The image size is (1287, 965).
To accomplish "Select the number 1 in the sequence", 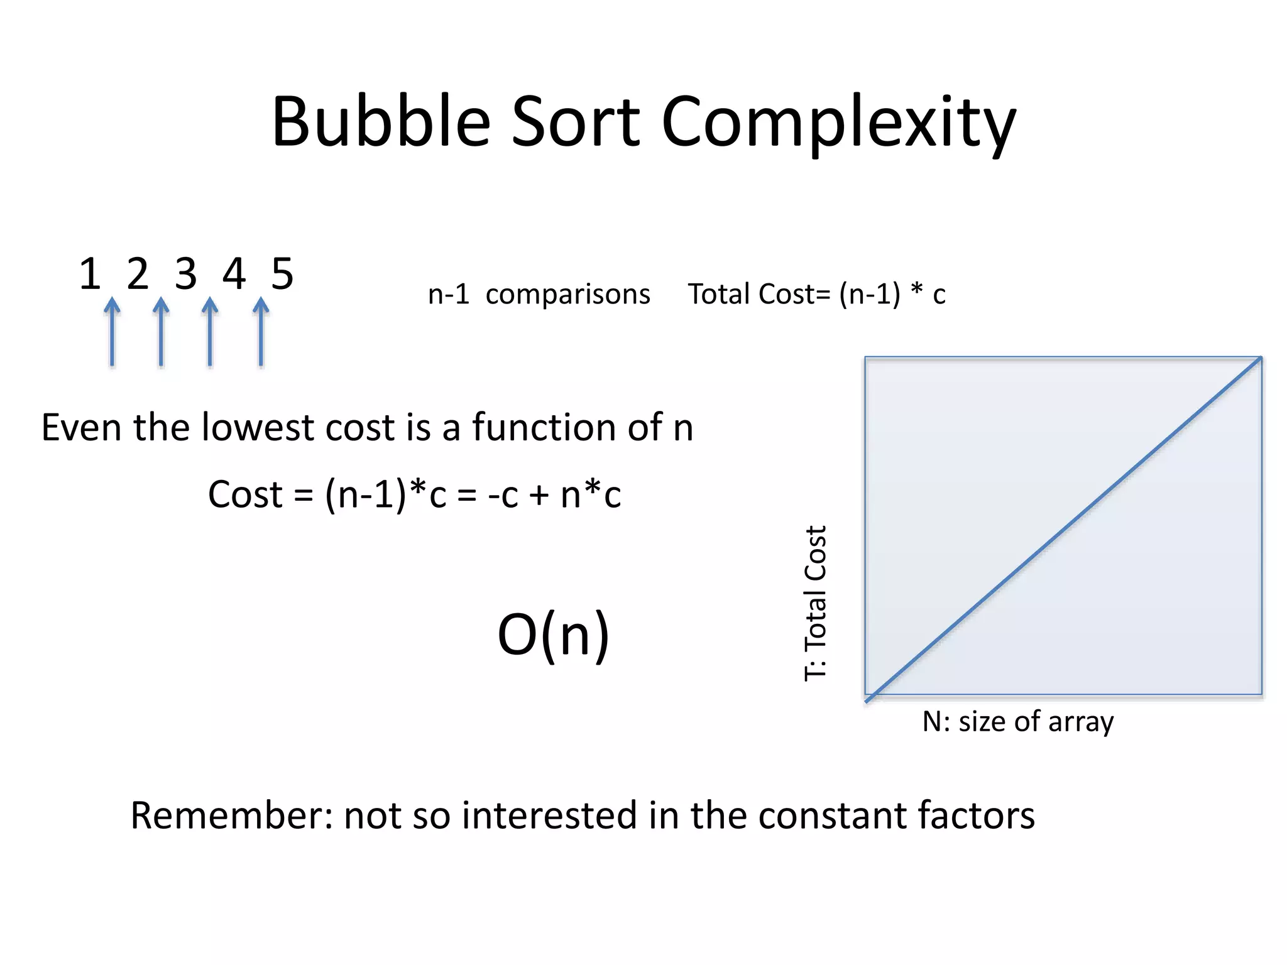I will [90, 275].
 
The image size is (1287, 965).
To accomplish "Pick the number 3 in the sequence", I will [185, 275].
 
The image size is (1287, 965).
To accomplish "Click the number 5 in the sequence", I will [282, 275].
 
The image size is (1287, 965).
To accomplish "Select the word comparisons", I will [567, 295].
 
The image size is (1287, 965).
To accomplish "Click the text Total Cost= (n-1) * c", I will [816, 294].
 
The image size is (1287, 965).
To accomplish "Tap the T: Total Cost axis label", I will [816, 603].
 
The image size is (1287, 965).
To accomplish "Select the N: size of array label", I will [1017, 722].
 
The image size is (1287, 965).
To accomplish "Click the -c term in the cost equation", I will [503, 495].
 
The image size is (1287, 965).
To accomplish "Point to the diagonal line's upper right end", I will [1259, 359].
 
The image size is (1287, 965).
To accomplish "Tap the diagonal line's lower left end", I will [868, 699].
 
